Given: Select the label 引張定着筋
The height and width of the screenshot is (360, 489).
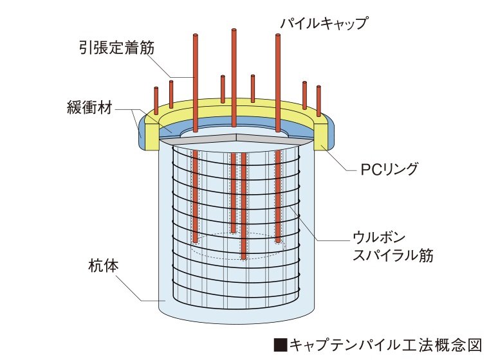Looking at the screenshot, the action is (116, 48).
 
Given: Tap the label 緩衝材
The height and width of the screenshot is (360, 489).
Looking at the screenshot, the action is (89, 107).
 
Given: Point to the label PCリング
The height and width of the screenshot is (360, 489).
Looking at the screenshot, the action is (389, 169).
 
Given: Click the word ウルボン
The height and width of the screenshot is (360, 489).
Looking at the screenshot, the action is (379, 237).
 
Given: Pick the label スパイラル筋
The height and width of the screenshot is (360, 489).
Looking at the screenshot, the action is (393, 255).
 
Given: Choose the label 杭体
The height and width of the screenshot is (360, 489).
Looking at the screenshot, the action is (104, 266).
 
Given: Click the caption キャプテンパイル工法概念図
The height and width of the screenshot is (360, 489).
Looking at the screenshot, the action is (386, 345).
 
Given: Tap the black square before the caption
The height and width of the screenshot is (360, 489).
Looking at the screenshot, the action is (280, 345).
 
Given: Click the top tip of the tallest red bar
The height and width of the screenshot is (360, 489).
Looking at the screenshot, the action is (234, 30).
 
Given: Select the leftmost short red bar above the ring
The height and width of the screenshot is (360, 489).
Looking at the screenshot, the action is (156, 97).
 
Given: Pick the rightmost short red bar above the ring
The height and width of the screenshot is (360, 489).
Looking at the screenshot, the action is (318, 101).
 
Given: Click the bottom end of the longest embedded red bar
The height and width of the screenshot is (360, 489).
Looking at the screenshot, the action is (244, 258).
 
